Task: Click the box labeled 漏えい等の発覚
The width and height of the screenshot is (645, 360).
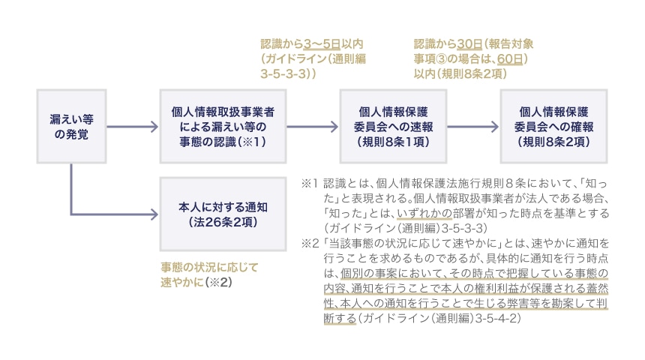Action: (x=72, y=127)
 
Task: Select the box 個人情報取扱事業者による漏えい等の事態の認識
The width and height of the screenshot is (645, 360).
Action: (x=223, y=127)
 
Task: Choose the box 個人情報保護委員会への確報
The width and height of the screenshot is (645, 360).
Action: (x=556, y=127)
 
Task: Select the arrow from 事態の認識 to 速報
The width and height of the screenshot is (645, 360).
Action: (x=312, y=127)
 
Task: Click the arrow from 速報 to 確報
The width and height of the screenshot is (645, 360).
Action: (x=474, y=127)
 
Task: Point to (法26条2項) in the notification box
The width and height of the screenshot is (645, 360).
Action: (x=223, y=221)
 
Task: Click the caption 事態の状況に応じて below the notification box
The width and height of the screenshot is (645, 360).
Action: (x=208, y=267)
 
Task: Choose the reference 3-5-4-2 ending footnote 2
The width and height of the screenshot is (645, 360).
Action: (x=494, y=317)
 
